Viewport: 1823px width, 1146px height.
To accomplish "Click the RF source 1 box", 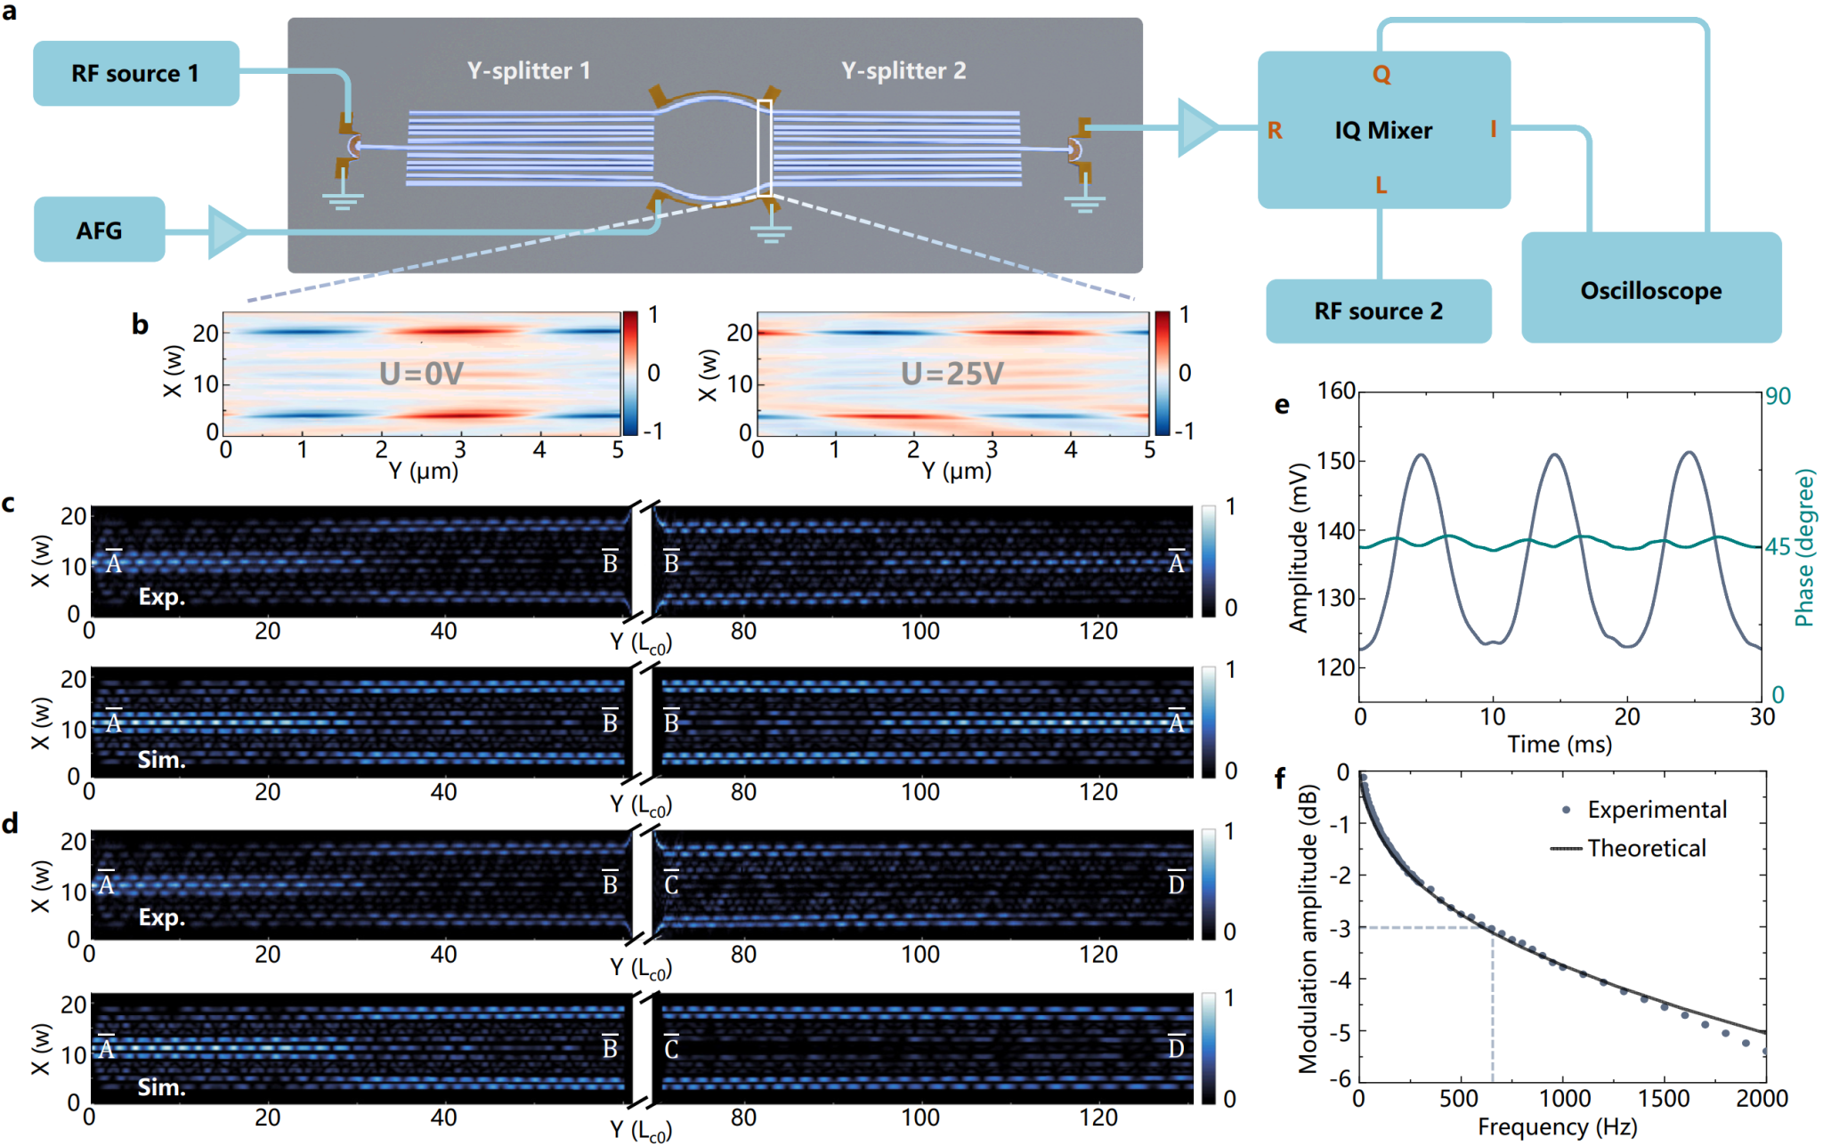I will [135, 73].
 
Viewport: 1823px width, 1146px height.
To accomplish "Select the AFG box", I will [99, 230].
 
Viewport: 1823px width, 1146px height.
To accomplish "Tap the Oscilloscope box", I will [1650, 289].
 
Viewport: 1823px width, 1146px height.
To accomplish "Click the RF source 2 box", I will [1378, 311].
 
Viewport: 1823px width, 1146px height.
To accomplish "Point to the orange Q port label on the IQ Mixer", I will [1381, 75].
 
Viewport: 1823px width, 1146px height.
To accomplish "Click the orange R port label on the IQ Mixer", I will [1275, 131].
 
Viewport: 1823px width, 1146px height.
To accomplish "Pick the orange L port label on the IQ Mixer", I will [1381, 185].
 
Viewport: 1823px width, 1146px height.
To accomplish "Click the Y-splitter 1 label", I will [529, 71].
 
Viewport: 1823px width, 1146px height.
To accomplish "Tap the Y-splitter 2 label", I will [903, 71].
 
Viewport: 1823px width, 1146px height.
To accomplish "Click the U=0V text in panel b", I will [421, 374].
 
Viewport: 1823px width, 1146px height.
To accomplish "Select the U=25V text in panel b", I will [952, 374].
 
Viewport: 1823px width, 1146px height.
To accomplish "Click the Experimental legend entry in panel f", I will [1656, 810].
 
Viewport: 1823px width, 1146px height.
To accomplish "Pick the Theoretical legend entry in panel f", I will [1646, 848].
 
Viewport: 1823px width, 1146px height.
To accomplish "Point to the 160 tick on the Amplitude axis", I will [1336, 391].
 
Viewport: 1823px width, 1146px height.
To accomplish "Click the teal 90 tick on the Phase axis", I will [1778, 396].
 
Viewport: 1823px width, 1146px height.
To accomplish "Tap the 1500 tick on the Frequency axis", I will [1664, 1099].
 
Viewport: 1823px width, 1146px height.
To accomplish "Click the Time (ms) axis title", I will [1560, 744].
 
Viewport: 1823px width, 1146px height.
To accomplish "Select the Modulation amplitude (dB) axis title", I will [1307, 929].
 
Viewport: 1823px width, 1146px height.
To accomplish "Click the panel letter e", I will [1282, 405].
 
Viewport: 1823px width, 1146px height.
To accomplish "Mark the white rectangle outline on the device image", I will [765, 148].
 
